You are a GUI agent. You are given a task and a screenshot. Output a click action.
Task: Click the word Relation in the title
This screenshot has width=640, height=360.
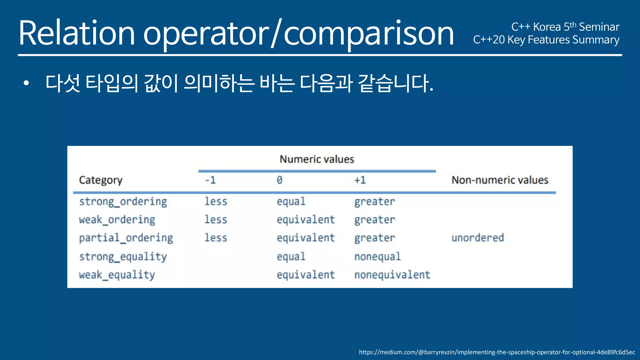pyautogui.click(x=77, y=33)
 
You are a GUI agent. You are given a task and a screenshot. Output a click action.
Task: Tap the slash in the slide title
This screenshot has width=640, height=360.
pyautogui.click(x=276, y=33)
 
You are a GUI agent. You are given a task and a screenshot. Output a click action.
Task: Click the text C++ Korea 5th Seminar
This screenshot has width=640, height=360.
pyautogui.click(x=565, y=27)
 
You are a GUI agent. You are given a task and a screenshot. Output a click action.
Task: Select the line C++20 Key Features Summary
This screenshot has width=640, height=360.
pyautogui.click(x=546, y=40)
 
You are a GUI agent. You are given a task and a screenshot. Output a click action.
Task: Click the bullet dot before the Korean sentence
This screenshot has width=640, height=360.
pyautogui.click(x=26, y=83)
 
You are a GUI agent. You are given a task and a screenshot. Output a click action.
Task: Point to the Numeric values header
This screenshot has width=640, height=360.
pyautogui.click(x=317, y=159)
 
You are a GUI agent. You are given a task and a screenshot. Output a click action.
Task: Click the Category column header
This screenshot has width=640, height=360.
pyautogui.click(x=101, y=180)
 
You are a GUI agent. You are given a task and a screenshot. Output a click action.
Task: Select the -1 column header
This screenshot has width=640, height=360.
pyautogui.click(x=210, y=180)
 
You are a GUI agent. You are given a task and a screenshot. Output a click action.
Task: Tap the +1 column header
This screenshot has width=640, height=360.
pyautogui.click(x=360, y=180)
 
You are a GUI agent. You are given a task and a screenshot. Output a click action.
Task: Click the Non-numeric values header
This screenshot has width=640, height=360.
pyautogui.click(x=500, y=180)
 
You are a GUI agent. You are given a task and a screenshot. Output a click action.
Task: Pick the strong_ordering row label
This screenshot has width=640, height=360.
pyautogui.click(x=123, y=202)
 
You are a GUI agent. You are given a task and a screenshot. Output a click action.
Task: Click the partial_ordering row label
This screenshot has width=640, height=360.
pyautogui.click(x=126, y=238)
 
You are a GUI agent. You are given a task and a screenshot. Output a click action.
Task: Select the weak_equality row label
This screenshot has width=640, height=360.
pyautogui.click(x=117, y=275)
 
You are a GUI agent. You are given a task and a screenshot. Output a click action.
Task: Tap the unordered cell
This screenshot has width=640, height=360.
pyautogui.click(x=477, y=238)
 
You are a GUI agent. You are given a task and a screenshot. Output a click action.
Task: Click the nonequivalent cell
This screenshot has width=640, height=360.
pyautogui.click(x=392, y=275)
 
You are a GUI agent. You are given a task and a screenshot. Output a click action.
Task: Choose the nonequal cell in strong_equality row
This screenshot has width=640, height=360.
pyautogui.click(x=377, y=257)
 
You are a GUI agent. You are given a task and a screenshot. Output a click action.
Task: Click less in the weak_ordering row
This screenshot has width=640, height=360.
pyautogui.click(x=216, y=220)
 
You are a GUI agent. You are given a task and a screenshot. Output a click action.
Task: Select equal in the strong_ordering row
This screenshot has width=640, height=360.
pyautogui.click(x=291, y=202)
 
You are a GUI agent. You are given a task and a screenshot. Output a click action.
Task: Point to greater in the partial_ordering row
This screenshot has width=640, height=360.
pyautogui.click(x=374, y=238)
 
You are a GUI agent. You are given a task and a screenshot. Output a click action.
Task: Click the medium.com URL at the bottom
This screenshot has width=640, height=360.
pyautogui.click(x=497, y=352)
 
